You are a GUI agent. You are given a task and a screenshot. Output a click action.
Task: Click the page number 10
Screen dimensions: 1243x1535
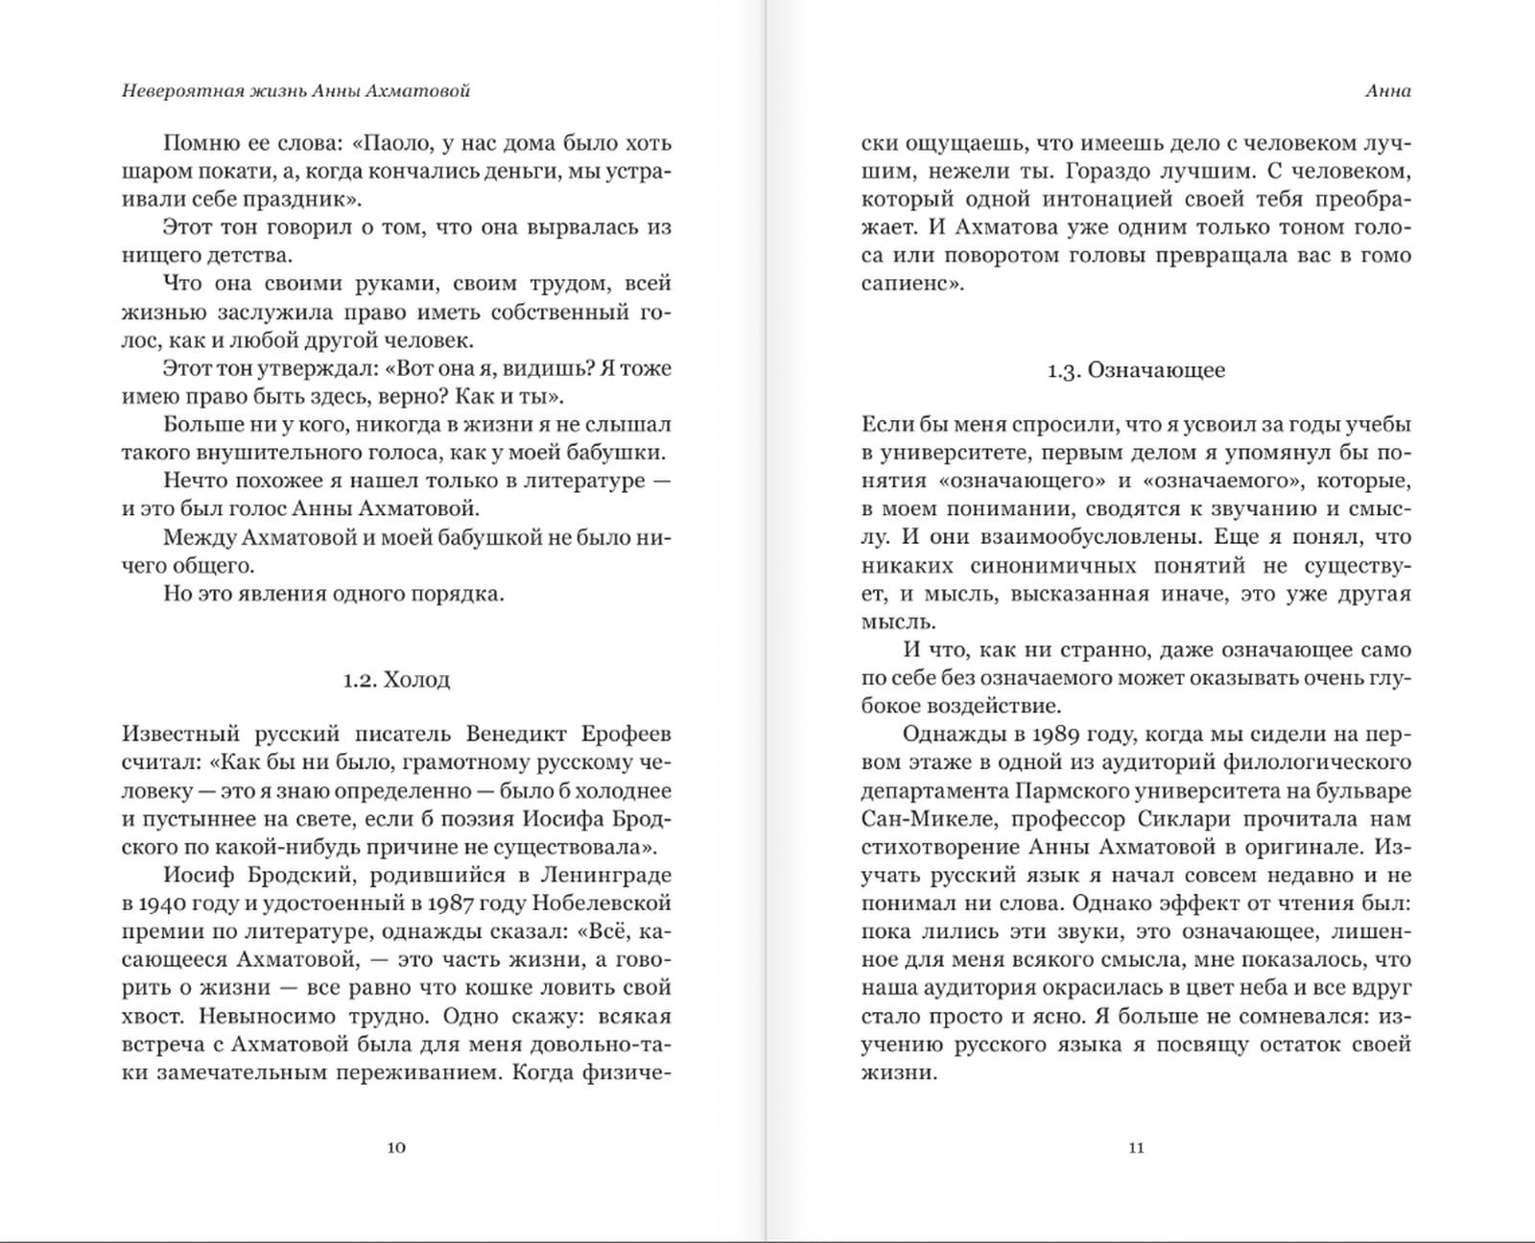[x=396, y=1147]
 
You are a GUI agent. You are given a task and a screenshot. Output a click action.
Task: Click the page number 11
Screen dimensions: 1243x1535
[x=1136, y=1147]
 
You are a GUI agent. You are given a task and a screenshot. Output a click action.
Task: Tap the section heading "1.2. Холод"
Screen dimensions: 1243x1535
[x=396, y=680]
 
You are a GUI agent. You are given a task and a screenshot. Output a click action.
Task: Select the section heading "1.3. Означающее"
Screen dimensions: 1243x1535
[x=1136, y=370]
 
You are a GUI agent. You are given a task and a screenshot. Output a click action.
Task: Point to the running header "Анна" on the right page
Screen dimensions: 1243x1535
[x=1387, y=91]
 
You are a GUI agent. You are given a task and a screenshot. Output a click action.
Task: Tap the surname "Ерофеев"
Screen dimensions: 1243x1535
[x=626, y=735]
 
